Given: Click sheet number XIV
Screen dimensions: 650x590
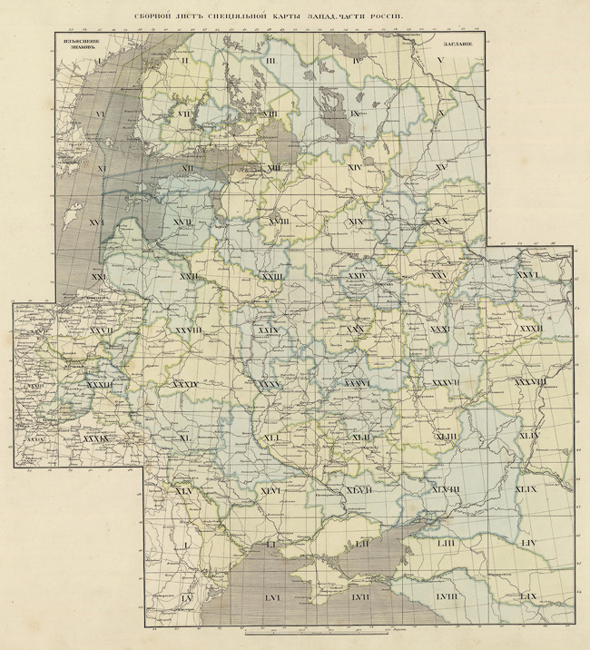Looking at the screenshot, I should (355, 168).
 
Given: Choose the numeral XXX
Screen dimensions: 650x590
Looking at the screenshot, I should (356, 330).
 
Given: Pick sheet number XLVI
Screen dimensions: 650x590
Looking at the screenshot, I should (270, 491).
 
